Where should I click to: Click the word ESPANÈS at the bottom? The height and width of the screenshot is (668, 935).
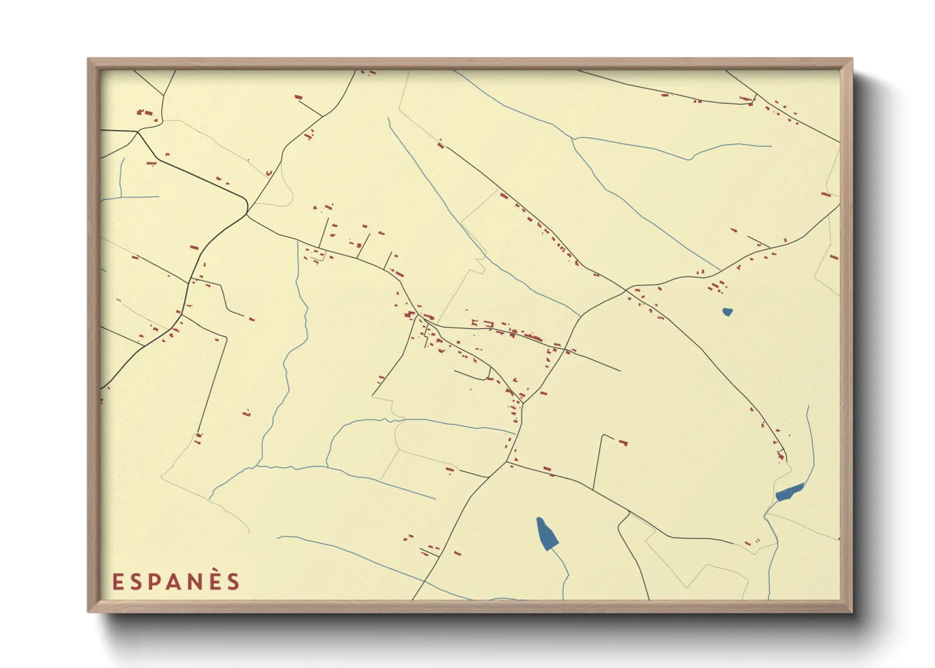point(176,582)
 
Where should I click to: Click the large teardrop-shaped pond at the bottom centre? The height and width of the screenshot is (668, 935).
point(546,534)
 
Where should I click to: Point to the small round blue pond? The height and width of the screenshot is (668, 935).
point(727,311)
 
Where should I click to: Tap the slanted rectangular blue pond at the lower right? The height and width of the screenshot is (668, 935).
point(789,492)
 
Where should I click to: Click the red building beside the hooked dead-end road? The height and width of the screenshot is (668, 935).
point(623,442)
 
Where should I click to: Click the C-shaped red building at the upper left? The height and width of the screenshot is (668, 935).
point(268,172)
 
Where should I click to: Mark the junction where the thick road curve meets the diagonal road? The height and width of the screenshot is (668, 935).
point(247,213)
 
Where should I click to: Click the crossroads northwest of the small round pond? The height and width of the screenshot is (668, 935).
point(627,290)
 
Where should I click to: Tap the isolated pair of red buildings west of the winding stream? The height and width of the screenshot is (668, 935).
point(246,414)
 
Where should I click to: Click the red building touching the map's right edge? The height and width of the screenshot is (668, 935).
point(834,257)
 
